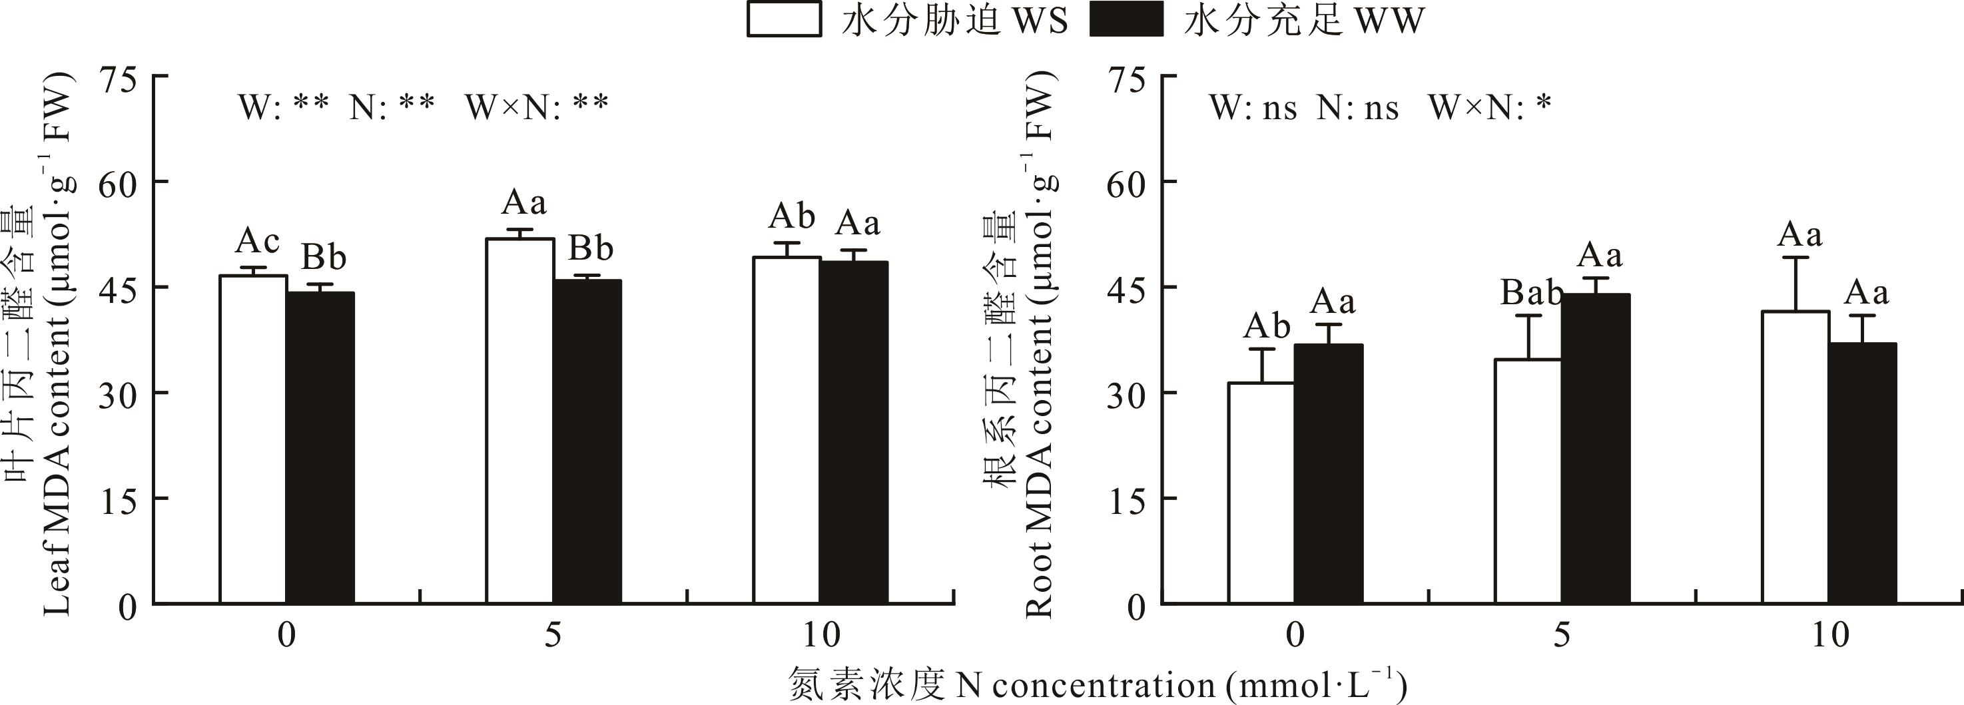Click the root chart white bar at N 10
tap(1795, 457)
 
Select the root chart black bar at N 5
tap(1596, 449)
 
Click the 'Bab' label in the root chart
tap(1532, 293)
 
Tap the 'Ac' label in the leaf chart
tap(257, 242)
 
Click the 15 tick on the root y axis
tap(1126, 500)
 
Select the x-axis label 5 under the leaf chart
tap(553, 635)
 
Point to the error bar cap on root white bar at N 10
tap(1795, 258)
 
